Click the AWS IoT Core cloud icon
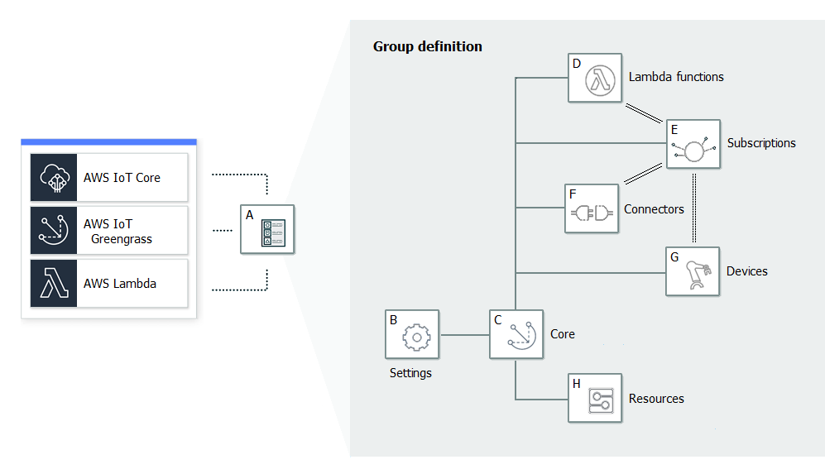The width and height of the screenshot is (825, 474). click(x=54, y=177)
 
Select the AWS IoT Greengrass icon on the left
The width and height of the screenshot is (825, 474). click(x=54, y=231)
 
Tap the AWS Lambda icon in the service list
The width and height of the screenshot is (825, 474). click(x=54, y=284)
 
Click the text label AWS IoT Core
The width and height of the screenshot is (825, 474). click(x=122, y=178)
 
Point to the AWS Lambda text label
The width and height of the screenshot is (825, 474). click(x=120, y=284)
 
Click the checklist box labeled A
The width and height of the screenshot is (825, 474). click(x=267, y=229)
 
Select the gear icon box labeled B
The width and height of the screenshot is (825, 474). click(x=412, y=335)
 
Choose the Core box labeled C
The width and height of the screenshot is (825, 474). click(x=516, y=334)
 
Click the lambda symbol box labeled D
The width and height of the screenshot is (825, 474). click(x=595, y=79)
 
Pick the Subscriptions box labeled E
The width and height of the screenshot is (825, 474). click(x=693, y=146)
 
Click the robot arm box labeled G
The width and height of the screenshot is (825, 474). click(x=693, y=271)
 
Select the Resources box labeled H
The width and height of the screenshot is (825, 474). click(x=595, y=399)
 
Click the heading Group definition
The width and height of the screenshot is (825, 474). click(x=427, y=46)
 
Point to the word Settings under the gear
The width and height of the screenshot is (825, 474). click(x=410, y=373)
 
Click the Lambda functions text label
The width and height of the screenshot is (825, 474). click(x=676, y=77)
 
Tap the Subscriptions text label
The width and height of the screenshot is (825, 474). click(x=761, y=143)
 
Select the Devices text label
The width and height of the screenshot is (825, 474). click(x=746, y=271)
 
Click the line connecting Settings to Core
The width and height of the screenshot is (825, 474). click(x=464, y=335)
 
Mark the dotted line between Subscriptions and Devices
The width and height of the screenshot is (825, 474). click(x=693, y=208)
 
